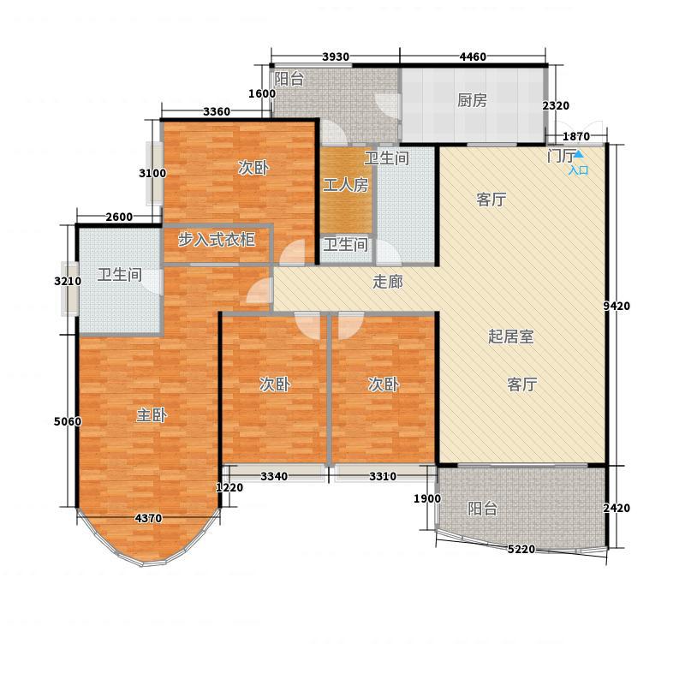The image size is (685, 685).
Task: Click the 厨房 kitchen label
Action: coord(472,100)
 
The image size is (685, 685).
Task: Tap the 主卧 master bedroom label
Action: coord(152,415)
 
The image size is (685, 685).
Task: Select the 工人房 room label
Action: coord(346,185)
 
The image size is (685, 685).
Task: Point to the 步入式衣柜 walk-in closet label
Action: coord(217,240)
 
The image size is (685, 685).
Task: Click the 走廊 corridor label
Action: coord(388,282)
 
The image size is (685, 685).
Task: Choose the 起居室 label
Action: coord(510,337)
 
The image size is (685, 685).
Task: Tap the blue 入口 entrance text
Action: coord(579,170)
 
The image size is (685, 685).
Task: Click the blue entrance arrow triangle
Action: coord(579,154)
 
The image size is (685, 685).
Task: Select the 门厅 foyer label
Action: coord(561,156)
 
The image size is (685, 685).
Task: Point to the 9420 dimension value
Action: coord(616,306)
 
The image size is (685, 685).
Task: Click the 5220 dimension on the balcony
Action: coord(521,549)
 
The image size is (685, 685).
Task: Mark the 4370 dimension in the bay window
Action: coord(148,519)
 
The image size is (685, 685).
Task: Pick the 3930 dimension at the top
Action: coord(336,57)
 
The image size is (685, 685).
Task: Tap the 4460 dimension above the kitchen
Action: coord(473,57)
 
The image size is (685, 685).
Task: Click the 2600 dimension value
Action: coord(119,217)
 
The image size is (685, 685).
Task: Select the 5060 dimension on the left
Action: coord(68,421)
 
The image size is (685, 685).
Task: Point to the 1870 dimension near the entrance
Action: coord(576,137)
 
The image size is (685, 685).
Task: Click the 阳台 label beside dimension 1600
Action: coord(289,79)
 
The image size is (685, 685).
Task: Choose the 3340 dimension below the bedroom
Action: coord(274,476)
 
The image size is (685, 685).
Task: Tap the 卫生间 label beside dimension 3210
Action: coord(120,275)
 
